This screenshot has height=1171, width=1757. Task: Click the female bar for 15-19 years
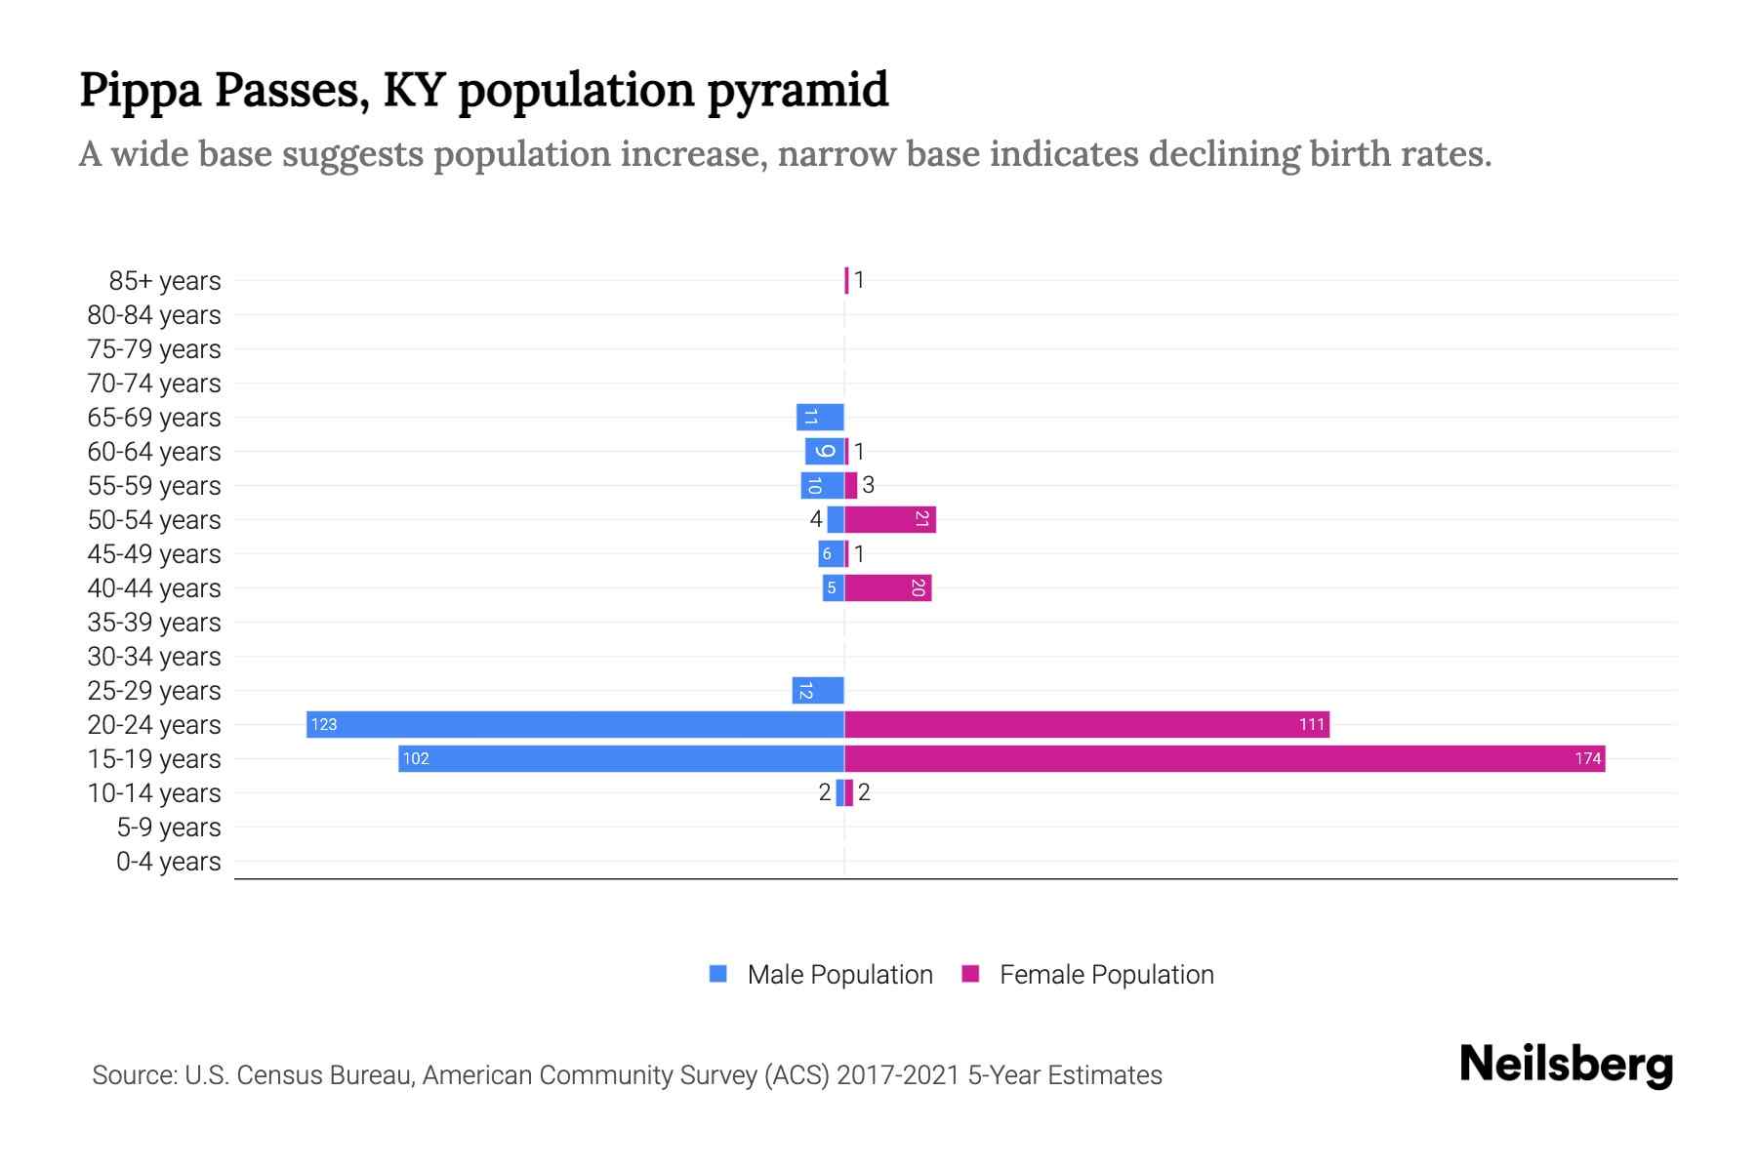[x=1224, y=758]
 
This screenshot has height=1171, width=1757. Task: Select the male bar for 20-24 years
[x=575, y=724]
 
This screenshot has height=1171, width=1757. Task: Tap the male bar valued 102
[x=621, y=758]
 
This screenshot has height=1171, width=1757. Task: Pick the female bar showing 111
[x=1086, y=724]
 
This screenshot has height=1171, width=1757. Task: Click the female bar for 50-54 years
[x=889, y=519]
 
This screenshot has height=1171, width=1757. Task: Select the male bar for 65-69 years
[x=820, y=417]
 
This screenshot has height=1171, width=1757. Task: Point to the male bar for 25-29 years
[x=818, y=690]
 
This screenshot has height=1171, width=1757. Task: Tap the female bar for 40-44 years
[x=887, y=587]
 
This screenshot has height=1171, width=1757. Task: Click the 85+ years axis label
[x=165, y=281]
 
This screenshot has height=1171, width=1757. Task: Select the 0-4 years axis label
[x=168, y=862]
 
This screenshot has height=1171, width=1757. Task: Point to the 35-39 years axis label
[x=154, y=623]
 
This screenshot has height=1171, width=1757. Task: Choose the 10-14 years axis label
[x=154, y=793]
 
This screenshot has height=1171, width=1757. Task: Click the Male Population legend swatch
[x=718, y=974]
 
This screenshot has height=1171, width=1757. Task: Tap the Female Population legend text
[x=1106, y=975]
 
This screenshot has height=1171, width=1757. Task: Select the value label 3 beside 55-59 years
[x=868, y=485]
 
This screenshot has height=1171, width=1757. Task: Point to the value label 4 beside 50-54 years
[x=816, y=519]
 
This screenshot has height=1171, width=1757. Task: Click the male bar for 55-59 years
[x=822, y=485]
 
